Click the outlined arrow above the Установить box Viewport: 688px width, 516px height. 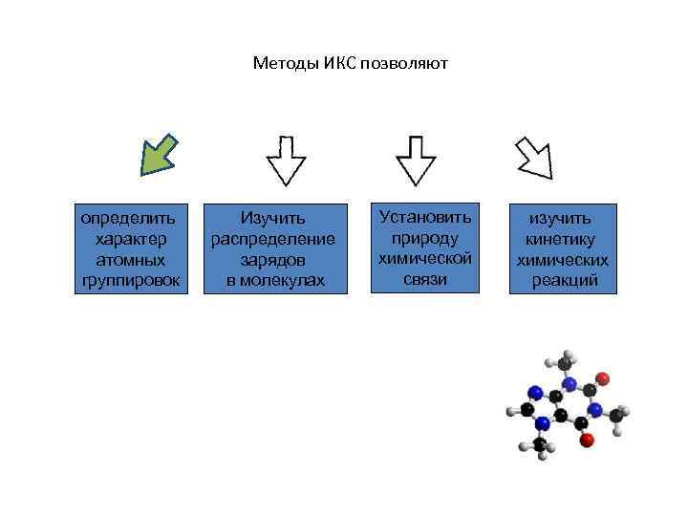point(416,159)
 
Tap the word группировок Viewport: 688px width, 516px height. point(134,280)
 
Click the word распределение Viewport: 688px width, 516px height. point(273,238)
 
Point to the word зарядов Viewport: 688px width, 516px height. point(273,259)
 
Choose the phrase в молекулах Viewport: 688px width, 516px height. point(275,280)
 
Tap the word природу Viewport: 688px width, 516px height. point(425,237)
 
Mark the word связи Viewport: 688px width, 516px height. point(425,278)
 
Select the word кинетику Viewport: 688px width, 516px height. point(563,239)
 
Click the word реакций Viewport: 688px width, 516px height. point(564,280)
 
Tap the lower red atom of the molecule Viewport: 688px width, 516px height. point(587,441)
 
